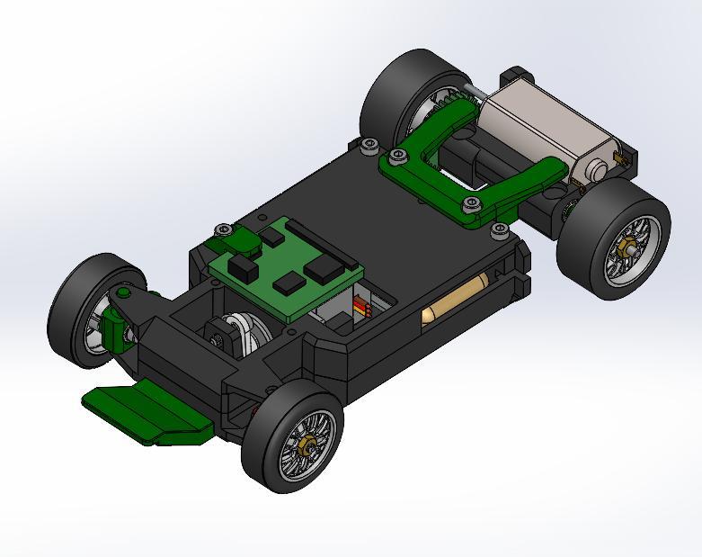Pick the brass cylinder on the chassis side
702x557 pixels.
[455, 301]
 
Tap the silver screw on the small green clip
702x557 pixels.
[222, 231]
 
